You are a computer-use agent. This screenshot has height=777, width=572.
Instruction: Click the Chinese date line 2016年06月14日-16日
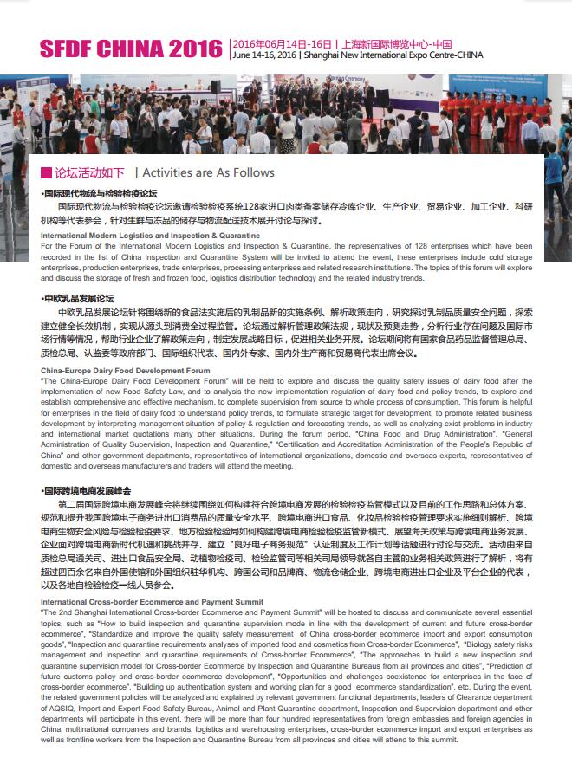283,43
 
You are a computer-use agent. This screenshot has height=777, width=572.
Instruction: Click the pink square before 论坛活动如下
46,172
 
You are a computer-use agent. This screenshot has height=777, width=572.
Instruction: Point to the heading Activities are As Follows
208,172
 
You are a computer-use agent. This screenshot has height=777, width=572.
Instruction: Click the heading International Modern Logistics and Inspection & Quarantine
150,236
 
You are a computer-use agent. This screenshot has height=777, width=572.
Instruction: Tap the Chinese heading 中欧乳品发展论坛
79,297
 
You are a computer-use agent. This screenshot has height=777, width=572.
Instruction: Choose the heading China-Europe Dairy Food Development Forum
126,370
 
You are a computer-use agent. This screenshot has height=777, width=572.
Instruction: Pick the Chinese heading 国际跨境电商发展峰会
88,490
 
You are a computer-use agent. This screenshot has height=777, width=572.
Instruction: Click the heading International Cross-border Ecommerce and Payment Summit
152,576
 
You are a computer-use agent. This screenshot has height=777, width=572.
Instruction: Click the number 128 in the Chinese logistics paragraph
257,208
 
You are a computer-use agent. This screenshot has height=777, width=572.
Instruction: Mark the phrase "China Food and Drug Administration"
406,434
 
